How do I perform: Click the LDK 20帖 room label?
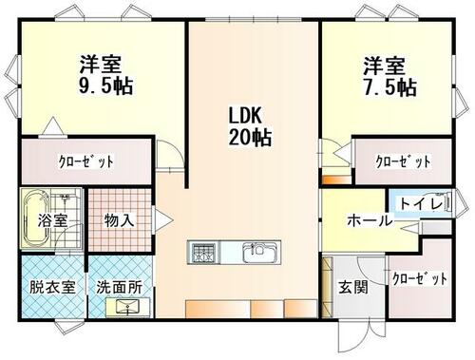pyautogui.click(x=250, y=126)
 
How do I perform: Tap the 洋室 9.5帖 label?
pyautogui.click(x=105, y=75)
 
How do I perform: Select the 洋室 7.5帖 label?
pyautogui.click(x=389, y=76)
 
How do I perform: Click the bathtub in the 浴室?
pyautogui.click(x=36, y=218)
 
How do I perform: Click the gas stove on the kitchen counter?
pyautogui.click(x=203, y=253)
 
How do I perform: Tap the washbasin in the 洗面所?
pyautogui.click(x=127, y=307)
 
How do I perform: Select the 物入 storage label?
pyautogui.click(x=119, y=219)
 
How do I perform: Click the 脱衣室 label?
pyautogui.click(x=52, y=287)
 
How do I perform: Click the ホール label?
pyautogui.click(x=370, y=220)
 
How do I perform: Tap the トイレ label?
pyautogui.click(x=421, y=203)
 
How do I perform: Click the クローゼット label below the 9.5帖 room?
pyautogui.click(x=86, y=161)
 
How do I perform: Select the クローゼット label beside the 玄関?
pyautogui.click(x=420, y=278)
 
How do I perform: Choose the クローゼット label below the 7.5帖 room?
pyautogui.click(x=403, y=161)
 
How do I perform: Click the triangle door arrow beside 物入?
pyautogui.click(x=162, y=219)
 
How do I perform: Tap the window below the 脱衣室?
pyautogui.click(x=69, y=327)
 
